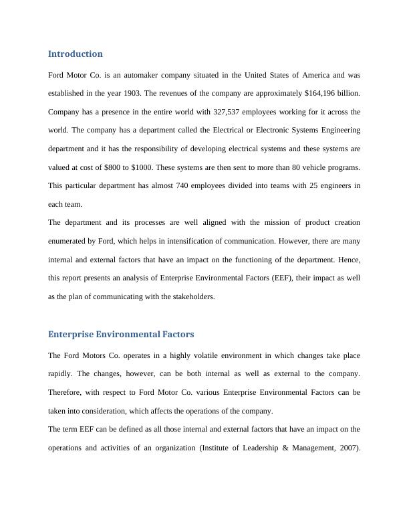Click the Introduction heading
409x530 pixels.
76,54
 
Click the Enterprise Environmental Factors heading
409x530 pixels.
121,334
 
